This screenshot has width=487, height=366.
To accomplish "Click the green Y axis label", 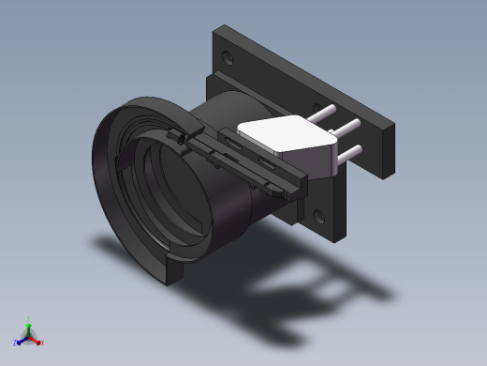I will (28, 318).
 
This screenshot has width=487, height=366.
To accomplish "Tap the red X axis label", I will (42, 343).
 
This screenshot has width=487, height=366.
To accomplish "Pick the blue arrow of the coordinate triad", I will (22, 340).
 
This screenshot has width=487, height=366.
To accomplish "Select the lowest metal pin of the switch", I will (348, 153).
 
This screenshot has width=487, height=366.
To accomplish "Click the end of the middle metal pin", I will (357, 123).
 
